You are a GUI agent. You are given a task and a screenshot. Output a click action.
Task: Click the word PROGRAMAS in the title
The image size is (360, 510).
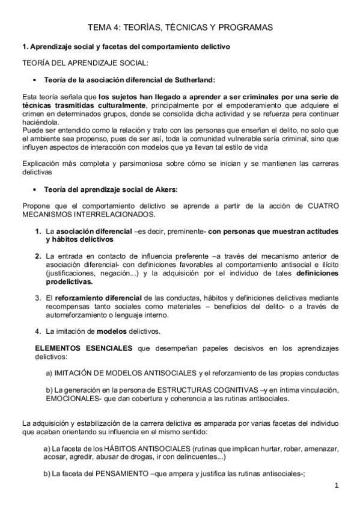[x=248, y=28]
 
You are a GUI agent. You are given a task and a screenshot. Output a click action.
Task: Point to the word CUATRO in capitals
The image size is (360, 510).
[x=323, y=206]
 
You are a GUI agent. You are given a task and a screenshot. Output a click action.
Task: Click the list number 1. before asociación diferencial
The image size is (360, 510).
[x=37, y=232]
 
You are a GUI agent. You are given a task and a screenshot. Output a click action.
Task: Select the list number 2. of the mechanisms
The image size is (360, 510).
[x=37, y=256]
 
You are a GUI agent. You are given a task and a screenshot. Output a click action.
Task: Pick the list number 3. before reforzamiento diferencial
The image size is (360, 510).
[x=37, y=297]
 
